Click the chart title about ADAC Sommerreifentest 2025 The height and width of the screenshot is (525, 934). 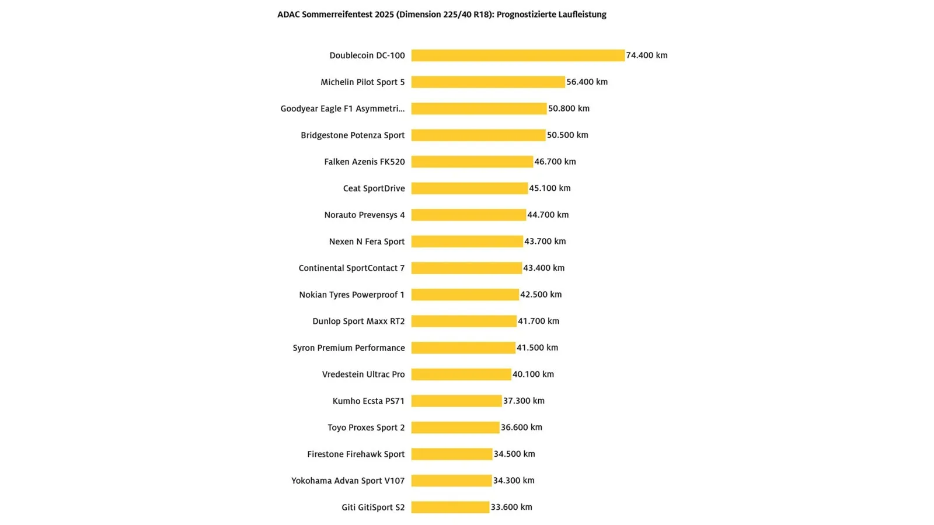point(441,15)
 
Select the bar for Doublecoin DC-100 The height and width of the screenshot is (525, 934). point(518,55)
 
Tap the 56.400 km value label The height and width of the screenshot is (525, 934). point(587,82)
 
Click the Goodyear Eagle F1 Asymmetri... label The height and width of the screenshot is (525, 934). point(342,108)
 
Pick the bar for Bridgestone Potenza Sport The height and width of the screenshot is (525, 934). point(478,135)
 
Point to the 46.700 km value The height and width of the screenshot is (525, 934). point(555,162)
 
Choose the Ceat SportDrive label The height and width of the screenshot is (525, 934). point(374,188)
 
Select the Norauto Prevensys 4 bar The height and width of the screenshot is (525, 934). point(469,215)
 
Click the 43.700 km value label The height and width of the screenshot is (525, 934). point(545,242)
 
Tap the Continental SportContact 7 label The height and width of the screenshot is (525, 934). point(351,268)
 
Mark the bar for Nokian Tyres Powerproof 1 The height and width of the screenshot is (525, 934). point(465,295)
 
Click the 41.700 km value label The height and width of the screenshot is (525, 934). point(538,321)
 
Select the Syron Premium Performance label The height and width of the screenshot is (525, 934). point(348,348)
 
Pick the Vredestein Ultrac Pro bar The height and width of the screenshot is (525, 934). point(461,374)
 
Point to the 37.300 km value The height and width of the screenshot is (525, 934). point(524,401)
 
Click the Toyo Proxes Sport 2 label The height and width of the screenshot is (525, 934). point(366,428)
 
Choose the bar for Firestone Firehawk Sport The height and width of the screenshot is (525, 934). point(452,454)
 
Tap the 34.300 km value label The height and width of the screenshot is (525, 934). point(514,481)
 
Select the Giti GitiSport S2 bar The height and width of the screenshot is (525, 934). point(450,507)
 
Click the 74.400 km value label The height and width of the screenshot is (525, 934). point(647,55)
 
